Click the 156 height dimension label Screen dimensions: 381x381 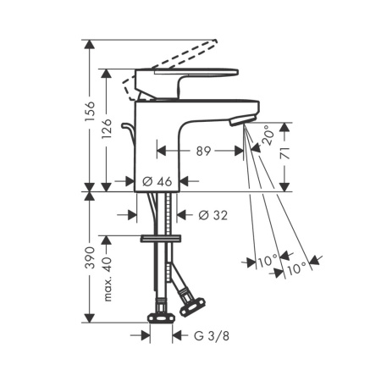(90, 111)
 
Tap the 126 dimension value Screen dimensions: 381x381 (107, 129)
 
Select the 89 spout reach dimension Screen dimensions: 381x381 (203, 151)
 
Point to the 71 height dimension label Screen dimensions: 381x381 (285, 152)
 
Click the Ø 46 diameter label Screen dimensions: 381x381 (157, 181)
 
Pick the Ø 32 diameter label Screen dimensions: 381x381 (213, 215)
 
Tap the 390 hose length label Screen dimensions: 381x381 (90, 257)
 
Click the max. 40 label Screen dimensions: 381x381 (108, 279)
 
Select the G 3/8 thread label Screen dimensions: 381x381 (212, 336)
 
